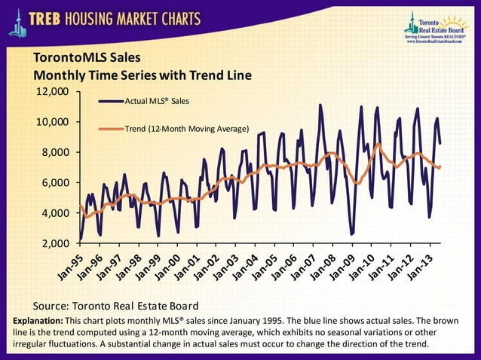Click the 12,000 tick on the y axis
[53, 92]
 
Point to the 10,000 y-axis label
[53, 122]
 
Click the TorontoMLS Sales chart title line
[87, 58]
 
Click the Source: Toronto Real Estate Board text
[115, 306]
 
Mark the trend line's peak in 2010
[378, 144]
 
